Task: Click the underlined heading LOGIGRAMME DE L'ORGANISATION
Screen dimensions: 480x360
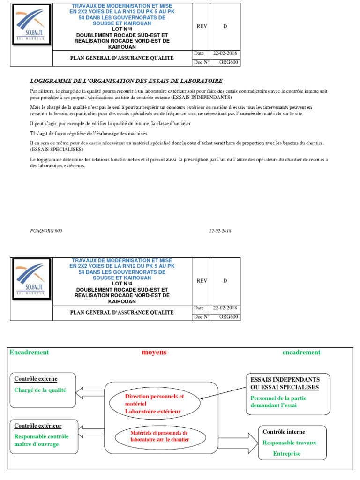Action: [126, 81]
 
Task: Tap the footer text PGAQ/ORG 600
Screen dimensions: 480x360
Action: [46, 231]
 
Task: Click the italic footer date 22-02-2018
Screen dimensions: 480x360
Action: [220, 231]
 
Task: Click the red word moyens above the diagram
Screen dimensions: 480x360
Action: [154, 352]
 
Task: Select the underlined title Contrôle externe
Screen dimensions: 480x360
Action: [36, 379]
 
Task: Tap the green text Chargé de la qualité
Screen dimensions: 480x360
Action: [40, 390]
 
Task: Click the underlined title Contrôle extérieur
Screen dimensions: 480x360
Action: [38, 426]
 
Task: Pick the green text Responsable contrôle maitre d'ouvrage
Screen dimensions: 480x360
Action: [41, 440]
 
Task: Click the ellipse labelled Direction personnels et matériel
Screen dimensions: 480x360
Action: [154, 404]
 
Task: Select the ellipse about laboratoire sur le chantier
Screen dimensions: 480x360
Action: [159, 436]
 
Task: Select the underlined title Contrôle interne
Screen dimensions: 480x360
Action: [284, 432]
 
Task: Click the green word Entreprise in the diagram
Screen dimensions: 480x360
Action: [287, 453]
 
